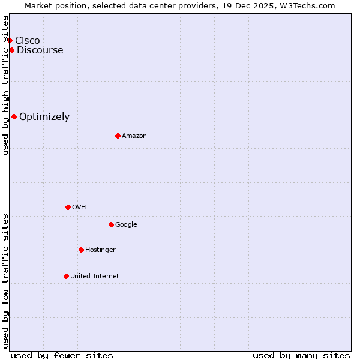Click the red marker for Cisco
click(x=10, y=40)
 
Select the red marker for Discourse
click(x=11, y=50)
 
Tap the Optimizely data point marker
click(x=14, y=116)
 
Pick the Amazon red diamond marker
click(x=118, y=136)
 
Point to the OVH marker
click(x=68, y=207)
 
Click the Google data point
click(x=111, y=224)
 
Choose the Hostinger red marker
click(x=81, y=250)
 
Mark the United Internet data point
click(x=66, y=276)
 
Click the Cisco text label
click(x=28, y=40)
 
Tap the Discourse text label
click(x=40, y=50)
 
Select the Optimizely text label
click(x=44, y=116)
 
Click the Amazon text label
click(x=134, y=136)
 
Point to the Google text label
click(x=126, y=224)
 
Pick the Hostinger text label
click(x=100, y=250)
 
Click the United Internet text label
click(x=95, y=276)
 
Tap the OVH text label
click(x=79, y=207)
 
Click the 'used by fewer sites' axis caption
click(x=62, y=355)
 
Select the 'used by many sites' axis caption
click(x=301, y=355)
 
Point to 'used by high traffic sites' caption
click(x=5, y=85)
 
